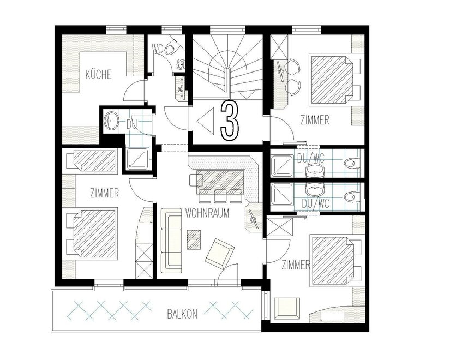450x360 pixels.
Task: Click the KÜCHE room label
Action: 98,74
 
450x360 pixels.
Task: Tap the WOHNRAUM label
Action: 207,213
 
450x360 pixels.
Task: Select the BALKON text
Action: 182,314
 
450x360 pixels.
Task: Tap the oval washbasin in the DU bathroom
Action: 111,121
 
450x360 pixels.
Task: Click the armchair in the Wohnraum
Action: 220,253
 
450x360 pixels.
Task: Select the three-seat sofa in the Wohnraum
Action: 172,241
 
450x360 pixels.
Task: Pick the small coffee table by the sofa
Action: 194,239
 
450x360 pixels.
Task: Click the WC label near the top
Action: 158,49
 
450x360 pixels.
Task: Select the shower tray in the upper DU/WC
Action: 282,166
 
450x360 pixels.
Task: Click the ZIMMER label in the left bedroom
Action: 105,193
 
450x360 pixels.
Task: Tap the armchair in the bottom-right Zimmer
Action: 287,308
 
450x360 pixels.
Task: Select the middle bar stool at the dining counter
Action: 220,196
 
